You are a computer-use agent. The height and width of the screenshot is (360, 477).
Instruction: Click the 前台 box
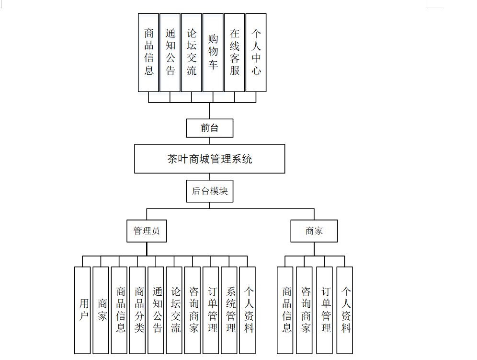pyautogui.click(x=209, y=128)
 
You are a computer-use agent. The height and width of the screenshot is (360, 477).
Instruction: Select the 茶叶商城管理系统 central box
pyautogui.click(x=209, y=159)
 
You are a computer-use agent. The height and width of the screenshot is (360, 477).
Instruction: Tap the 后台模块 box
pyautogui.click(x=209, y=191)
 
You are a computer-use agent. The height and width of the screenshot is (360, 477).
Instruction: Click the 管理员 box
pyautogui.click(x=147, y=231)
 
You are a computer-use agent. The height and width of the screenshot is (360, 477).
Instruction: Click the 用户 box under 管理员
pyautogui.click(x=82, y=310)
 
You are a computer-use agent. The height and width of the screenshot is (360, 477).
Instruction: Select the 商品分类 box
pyautogui.click(x=137, y=310)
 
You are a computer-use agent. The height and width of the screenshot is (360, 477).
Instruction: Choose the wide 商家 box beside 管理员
pyautogui.click(x=314, y=231)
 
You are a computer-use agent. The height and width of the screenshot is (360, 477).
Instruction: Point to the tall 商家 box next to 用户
pyautogui.click(x=101, y=310)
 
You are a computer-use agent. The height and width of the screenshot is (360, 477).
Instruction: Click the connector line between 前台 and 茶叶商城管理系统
pyautogui.click(x=209, y=140)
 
